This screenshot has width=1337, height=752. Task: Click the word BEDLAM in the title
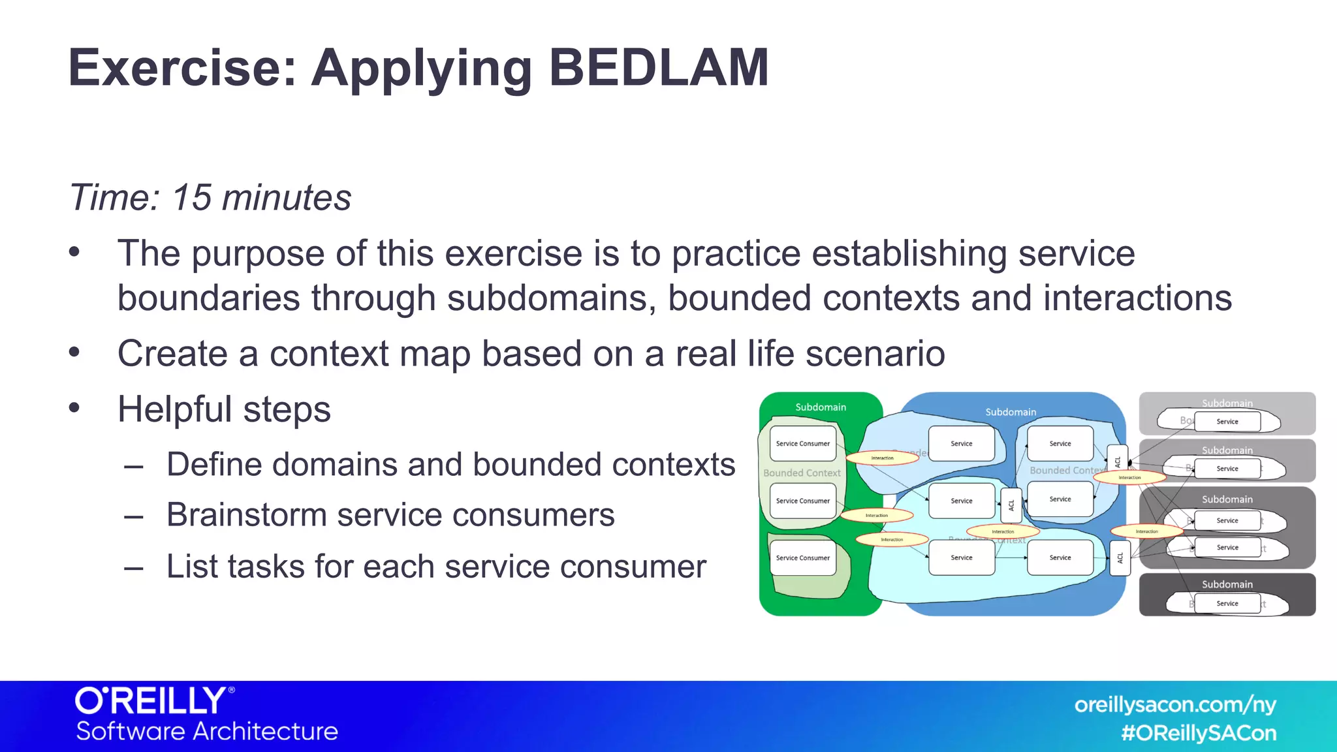[x=658, y=67]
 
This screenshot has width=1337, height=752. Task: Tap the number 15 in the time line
[x=191, y=197]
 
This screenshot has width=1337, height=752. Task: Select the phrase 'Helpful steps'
[x=224, y=409]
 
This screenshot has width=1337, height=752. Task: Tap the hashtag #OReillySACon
[x=1198, y=733]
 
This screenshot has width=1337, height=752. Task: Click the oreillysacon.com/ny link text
[x=1175, y=705]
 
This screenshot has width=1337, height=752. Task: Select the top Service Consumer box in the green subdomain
[x=802, y=443]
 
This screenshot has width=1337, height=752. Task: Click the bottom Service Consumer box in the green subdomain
[x=802, y=557]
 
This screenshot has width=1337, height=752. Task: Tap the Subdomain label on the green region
[x=820, y=407]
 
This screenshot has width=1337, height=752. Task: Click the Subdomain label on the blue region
[x=1010, y=412]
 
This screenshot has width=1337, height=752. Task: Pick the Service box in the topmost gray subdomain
[x=1227, y=422]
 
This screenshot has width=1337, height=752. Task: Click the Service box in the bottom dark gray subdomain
[x=1227, y=604]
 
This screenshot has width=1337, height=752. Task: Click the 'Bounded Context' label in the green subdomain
[x=802, y=473]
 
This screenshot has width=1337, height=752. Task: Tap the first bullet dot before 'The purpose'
[x=74, y=252]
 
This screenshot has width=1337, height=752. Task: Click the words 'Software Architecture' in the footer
[x=207, y=731]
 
